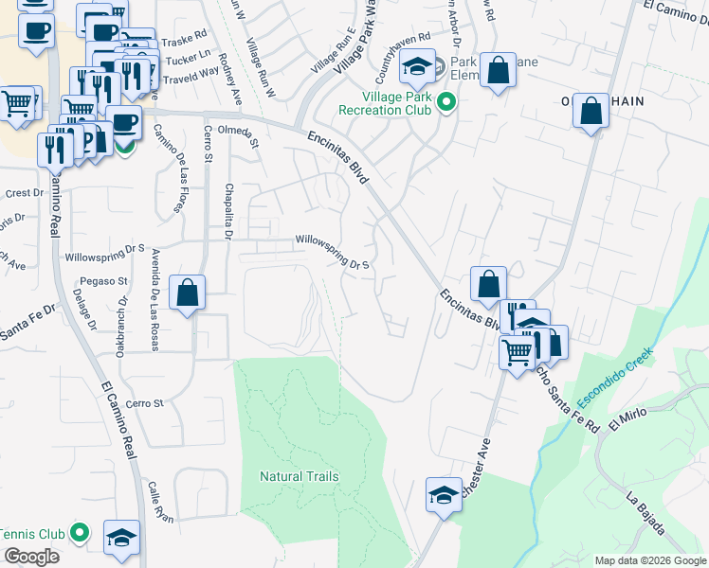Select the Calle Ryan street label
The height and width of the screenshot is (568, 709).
pyautogui.click(x=160, y=502)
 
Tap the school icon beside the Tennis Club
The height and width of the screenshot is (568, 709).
pyautogui.click(x=122, y=537)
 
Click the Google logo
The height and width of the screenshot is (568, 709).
pyautogui.click(x=31, y=557)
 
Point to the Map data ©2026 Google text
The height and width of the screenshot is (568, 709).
pyautogui.click(x=650, y=560)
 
